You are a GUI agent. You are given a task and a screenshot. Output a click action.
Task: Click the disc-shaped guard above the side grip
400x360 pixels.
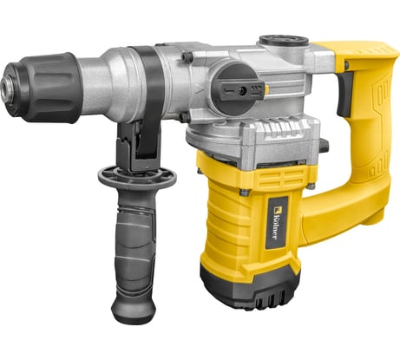pyautogui.click(x=136, y=177)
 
